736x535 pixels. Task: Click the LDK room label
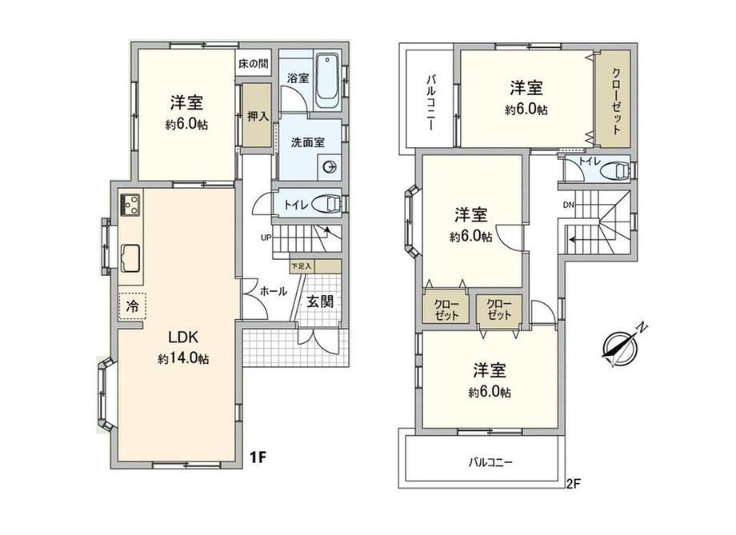(183, 337)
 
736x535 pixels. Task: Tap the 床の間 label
(253, 64)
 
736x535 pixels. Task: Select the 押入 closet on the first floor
(258, 115)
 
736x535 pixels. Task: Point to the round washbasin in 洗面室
(330, 166)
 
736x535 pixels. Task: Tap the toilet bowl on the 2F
(615, 170)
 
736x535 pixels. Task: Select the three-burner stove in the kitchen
(131, 205)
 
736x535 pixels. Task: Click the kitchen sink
(130, 258)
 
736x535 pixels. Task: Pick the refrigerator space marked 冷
(132, 306)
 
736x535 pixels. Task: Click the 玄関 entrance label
(320, 301)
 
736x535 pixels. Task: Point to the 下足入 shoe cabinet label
(301, 266)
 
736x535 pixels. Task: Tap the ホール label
(273, 291)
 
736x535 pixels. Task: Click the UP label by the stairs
(266, 238)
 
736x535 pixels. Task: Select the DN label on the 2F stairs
(569, 205)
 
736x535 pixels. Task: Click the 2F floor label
(574, 484)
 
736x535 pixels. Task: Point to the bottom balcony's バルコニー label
(490, 463)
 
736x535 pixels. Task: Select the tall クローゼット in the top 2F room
(612, 99)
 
